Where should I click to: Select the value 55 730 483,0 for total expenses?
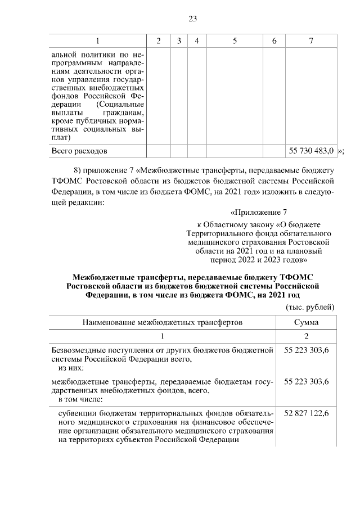point(311,151)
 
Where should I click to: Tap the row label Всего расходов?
point(79,151)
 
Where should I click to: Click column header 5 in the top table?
point(234,41)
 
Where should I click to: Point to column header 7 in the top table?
point(311,41)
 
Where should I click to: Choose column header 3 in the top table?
point(178,41)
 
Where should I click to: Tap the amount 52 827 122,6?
point(307,413)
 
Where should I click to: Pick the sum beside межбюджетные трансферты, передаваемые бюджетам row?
point(307,381)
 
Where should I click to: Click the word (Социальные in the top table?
point(120,104)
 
